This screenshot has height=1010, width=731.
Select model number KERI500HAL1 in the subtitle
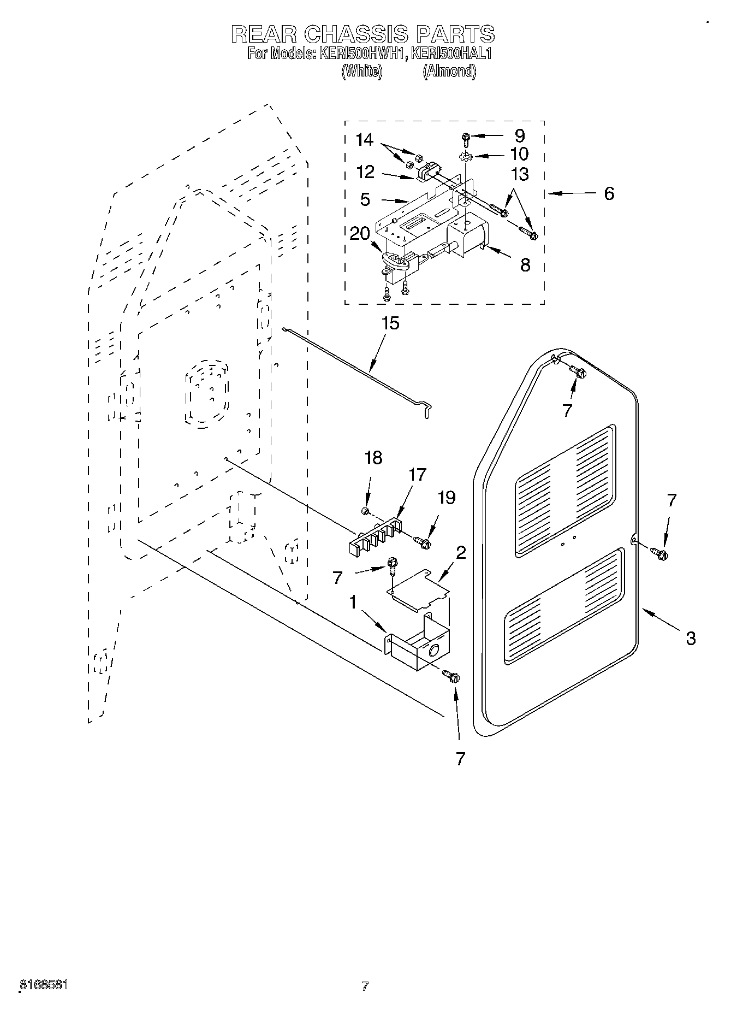(x=451, y=54)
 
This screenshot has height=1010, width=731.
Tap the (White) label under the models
(x=361, y=72)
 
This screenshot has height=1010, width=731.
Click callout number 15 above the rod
(x=390, y=323)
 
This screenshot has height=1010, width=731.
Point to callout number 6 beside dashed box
(x=609, y=193)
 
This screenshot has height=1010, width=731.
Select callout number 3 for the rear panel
(x=690, y=637)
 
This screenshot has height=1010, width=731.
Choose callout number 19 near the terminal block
(x=447, y=498)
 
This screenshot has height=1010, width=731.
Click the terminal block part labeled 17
(x=377, y=538)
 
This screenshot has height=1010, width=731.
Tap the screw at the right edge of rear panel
(x=659, y=554)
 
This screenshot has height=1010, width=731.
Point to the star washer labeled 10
(x=465, y=157)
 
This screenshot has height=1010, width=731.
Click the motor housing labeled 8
(x=467, y=238)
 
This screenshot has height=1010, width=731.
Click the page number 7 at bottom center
(x=365, y=986)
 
